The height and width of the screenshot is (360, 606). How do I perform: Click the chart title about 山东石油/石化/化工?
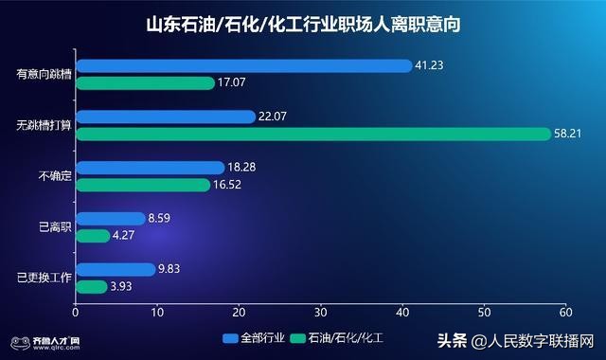(x=303, y=24)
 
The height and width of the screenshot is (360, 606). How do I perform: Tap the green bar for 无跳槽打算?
(x=312, y=134)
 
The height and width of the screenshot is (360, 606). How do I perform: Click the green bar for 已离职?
(x=93, y=236)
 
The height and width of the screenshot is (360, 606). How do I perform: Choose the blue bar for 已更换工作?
(x=115, y=269)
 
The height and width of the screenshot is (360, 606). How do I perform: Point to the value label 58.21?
(x=569, y=135)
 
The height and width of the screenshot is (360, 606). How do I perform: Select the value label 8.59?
(x=161, y=219)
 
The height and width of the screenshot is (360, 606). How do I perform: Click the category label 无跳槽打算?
(x=44, y=126)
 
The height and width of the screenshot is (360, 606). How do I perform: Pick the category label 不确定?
(x=53, y=176)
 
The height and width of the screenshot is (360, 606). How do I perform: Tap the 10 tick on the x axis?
(x=157, y=312)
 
